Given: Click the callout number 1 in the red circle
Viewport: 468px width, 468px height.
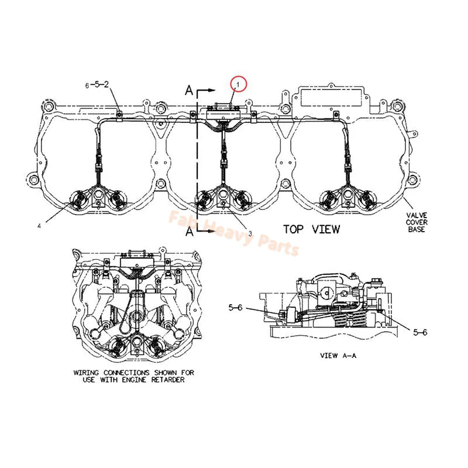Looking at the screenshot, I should pos(238,85).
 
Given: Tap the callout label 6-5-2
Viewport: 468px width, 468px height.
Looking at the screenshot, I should pos(97,84).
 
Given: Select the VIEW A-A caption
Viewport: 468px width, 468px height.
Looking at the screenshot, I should pos(338,355).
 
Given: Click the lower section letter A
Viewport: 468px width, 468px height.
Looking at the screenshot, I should pos(189,232).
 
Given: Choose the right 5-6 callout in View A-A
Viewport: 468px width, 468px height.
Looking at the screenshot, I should pos(421,332).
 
